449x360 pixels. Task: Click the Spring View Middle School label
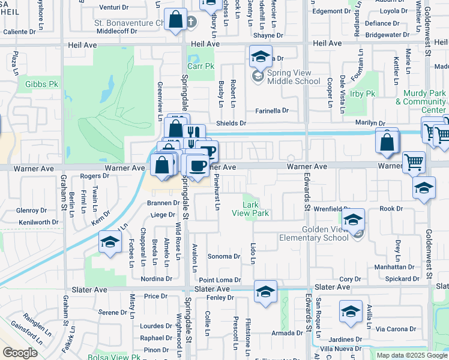[x=294, y=77]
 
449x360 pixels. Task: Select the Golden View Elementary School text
[x=313, y=233]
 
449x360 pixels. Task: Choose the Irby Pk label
[x=362, y=94]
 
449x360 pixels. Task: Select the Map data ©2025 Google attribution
[x=412, y=355]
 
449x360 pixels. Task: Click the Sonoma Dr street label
[x=223, y=256]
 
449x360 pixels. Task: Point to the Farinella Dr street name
[x=272, y=110]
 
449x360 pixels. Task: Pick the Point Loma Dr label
[x=220, y=280]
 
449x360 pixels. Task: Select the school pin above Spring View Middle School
[x=261, y=57]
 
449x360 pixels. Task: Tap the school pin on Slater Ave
[x=265, y=292]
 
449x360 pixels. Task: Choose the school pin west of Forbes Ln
[x=110, y=242]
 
